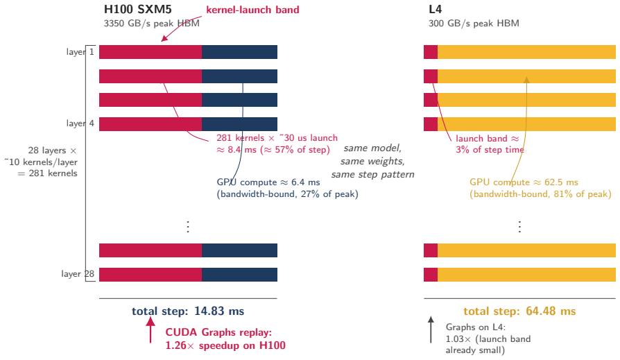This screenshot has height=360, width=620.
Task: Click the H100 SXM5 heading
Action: pos(137,9)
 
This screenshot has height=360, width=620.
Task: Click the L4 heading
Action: pos(435,9)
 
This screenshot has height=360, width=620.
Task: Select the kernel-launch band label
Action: pos(252,10)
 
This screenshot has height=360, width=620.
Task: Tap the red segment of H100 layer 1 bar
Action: pos(150,52)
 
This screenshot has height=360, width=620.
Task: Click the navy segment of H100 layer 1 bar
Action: pos(239,52)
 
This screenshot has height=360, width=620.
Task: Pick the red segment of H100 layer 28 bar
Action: pos(150,275)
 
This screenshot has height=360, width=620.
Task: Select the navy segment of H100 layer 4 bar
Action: pos(239,124)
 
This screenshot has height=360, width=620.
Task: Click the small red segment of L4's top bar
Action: pos(431,52)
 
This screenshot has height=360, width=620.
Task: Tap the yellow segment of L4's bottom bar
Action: pos(526,275)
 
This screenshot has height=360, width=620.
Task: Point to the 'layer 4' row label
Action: pos(80,123)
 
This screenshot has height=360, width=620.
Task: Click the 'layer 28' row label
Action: pos(78,274)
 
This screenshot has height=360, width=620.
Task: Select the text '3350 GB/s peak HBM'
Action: pos(151,24)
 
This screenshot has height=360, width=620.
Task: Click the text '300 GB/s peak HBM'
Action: pos(474,24)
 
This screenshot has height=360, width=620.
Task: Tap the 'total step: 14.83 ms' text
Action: pos(188,311)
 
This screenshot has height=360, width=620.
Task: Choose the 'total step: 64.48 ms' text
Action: pos(519,311)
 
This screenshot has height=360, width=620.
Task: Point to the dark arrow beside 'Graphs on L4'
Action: pos(431,329)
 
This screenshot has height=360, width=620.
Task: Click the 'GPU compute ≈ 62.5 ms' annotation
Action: pos(524,182)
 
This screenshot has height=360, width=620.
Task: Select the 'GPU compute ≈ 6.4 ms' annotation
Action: pos(268,182)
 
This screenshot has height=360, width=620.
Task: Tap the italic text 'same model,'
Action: pos(372,148)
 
